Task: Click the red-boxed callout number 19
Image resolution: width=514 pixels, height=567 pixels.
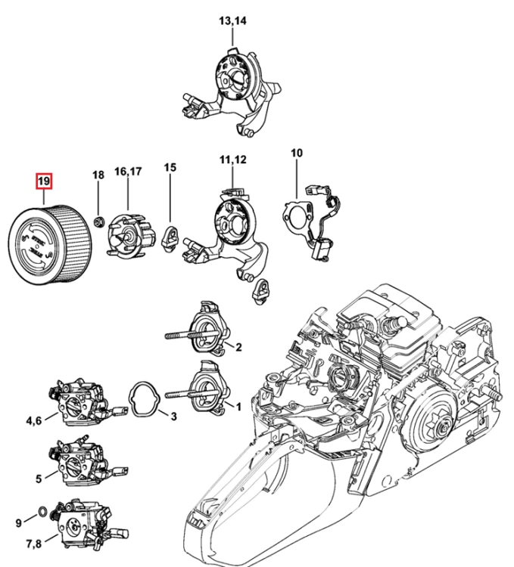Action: coord(44,181)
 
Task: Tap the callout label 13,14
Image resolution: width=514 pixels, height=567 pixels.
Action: coord(232,21)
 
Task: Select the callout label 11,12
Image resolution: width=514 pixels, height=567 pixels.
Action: coord(232,160)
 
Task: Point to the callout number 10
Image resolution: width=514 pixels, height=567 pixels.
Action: coord(297,153)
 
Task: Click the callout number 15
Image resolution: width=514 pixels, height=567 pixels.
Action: coord(170,167)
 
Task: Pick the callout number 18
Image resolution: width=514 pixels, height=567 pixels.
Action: coord(98,175)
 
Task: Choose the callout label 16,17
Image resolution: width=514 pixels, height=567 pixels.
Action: coord(128,172)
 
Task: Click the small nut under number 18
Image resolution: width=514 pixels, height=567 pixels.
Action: coord(98,222)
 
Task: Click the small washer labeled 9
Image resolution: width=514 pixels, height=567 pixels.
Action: coord(42,512)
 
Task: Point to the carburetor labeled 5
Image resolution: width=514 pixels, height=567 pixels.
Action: coord(88,463)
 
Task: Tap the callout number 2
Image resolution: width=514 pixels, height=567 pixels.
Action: coord(238,347)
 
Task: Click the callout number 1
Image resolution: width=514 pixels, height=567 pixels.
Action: coord(238,407)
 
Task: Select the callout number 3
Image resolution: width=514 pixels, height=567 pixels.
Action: coord(174,417)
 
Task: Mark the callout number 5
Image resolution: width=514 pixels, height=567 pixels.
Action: coord(39,479)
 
